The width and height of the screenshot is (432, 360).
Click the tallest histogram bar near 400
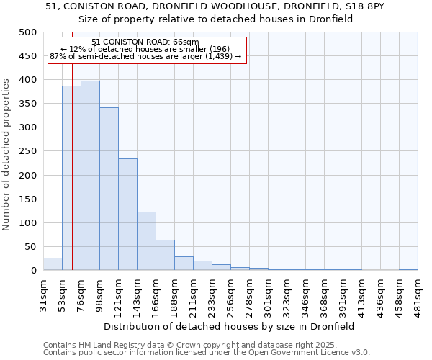(x=90, y=176)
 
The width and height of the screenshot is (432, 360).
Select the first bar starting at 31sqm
(x=53, y=264)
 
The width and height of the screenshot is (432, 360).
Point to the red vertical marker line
(x=72, y=180)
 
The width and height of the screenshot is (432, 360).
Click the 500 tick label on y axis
(x=28, y=32)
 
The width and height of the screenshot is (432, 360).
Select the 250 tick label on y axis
(x=28, y=151)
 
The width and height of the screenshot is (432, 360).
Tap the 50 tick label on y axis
(x=30, y=247)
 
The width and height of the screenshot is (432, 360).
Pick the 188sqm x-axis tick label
(x=174, y=294)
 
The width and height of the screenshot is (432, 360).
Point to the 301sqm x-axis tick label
(x=268, y=294)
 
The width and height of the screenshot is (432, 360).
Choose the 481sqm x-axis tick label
(x=418, y=294)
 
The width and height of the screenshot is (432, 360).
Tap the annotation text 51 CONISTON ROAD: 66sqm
(x=145, y=42)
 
